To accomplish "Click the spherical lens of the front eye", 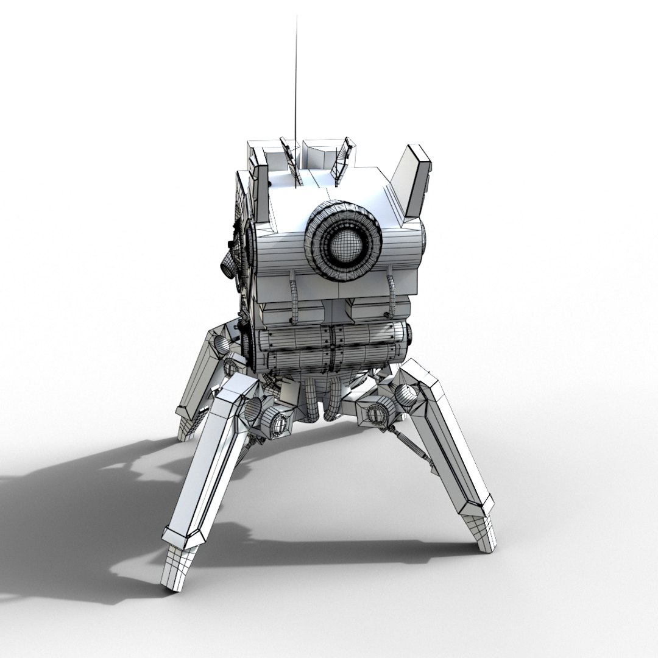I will tap(344, 244).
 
